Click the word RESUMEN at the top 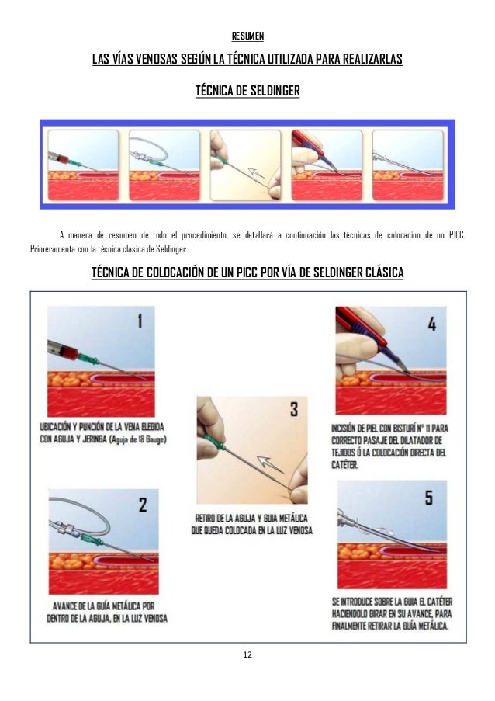[247, 36]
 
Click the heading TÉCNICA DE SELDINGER [247, 91]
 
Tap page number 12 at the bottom [247, 654]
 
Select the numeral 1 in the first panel [140, 321]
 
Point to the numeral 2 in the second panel [143, 505]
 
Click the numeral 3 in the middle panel [294, 409]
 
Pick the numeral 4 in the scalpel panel [432, 324]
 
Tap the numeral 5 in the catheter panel [429, 497]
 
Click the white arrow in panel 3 [270, 464]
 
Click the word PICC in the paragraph [457, 235]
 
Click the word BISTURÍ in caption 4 [390, 429]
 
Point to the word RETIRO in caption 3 [205, 519]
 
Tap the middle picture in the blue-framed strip [246, 165]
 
